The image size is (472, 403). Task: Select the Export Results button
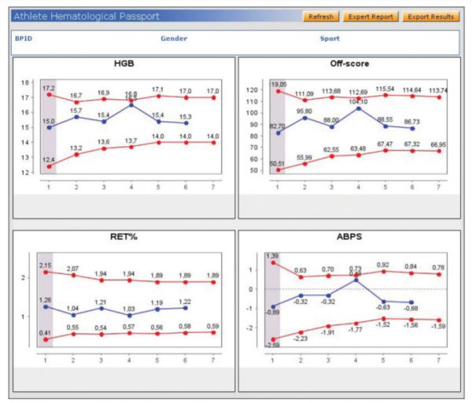coord(430,16)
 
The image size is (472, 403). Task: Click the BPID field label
coord(24,38)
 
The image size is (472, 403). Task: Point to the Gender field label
coord(174,38)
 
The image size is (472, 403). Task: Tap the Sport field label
coord(330,38)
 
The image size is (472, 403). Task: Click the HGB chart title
coord(125,64)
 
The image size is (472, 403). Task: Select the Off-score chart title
coord(348,64)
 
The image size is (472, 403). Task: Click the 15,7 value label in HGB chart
coord(76,111)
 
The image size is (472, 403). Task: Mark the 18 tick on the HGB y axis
coord(25,82)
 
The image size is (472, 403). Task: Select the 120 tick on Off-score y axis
coord(252,90)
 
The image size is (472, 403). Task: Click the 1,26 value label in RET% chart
coord(47,299)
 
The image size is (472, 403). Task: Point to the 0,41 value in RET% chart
coord(46,333)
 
